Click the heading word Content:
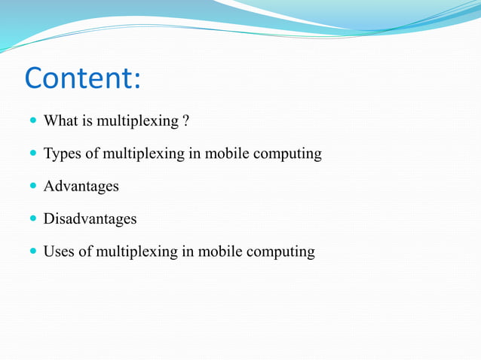pos(83,79)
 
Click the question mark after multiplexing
pos(185,121)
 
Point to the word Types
pos(62,154)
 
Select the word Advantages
pos(81,187)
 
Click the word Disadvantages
pos(90,218)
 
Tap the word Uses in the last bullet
pos(59,252)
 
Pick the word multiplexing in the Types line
pos(143,154)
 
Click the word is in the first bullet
pos(87,121)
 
